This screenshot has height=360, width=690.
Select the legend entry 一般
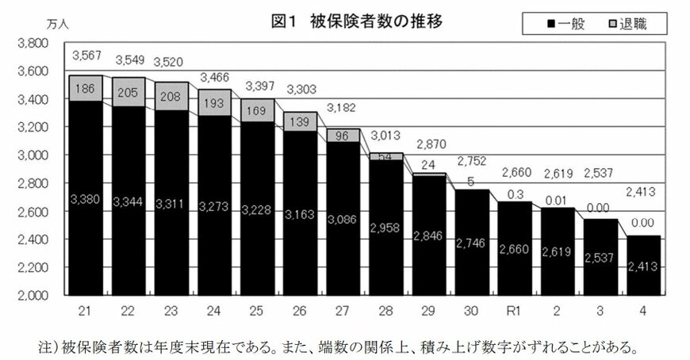(x=564, y=24)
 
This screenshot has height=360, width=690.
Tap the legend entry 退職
(x=624, y=24)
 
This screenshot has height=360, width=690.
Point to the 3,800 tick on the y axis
(x=32, y=44)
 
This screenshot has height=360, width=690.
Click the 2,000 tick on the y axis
(x=32, y=295)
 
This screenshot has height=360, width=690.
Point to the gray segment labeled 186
(x=85, y=90)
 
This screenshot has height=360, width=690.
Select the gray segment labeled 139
(x=301, y=121)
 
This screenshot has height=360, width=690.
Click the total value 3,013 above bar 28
(x=386, y=134)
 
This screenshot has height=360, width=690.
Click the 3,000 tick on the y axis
(x=32, y=155)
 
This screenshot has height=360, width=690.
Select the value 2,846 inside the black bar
(x=429, y=236)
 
